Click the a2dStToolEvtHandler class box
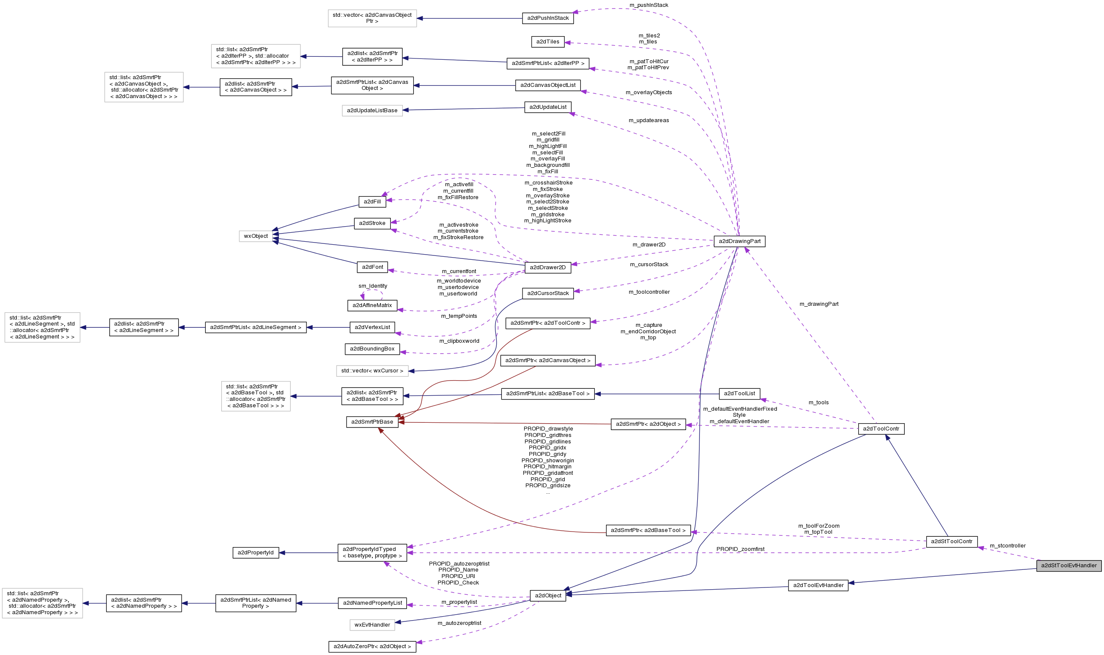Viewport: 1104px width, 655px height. pyautogui.click(x=1069, y=566)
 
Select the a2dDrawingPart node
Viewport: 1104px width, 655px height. pyautogui.click(x=739, y=241)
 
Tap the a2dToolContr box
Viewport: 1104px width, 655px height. pyautogui.click(x=881, y=429)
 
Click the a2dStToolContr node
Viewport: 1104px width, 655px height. pyautogui.click(x=951, y=541)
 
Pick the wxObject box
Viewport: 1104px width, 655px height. pyautogui.click(x=256, y=236)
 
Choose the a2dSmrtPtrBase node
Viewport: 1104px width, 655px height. pyautogui.click(x=372, y=422)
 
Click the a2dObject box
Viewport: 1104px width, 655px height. pyautogui.click(x=547, y=595)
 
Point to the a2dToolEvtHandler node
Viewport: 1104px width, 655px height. pyautogui.click(x=818, y=585)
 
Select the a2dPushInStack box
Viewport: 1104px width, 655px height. pyautogui.click(x=547, y=18)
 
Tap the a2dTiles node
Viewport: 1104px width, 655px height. pyautogui.click(x=547, y=42)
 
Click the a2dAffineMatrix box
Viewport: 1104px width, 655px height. pyautogui.click(x=372, y=305)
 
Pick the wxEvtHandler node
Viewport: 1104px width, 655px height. pyautogui.click(x=372, y=624)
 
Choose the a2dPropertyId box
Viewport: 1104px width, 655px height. pyautogui.click(x=255, y=553)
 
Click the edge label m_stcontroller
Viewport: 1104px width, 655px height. pyautogui.click(x=1007, y=546)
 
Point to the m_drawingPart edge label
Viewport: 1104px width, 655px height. pyautogui.click(x=818, y=304)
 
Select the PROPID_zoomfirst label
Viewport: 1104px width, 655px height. pyautogui.click(x=740, y=549)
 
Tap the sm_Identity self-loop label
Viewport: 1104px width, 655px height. pyautogui.click(x=372, y=286)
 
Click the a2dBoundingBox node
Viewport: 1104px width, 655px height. pyautogui.click(x=372, y=349)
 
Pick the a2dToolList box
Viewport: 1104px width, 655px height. pyautogui.click(x=739, y=394)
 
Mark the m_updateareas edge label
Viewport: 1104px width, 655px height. pyautogui.click(x=648, y=120)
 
